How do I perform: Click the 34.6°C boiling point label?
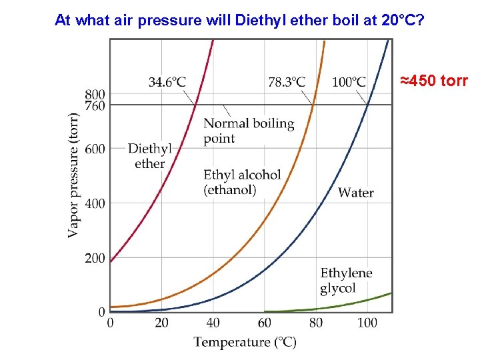click(x=167, y=82)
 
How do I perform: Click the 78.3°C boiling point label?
click(x=287, y=82)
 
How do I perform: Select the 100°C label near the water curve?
click(x=349, y=82)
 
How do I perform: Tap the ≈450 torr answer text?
click(x=434, y=81)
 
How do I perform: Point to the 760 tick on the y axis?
click(x=95, y=105)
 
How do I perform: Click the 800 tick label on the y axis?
click(x=95, y=94)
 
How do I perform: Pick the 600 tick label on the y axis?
click(x=95, y=149)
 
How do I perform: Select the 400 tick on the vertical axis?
click(x=95, y=203)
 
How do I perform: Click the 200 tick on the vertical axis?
click(x=95, y=258)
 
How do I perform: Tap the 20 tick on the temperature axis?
click(x=161, y=323)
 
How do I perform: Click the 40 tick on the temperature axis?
click(x=213, y=323)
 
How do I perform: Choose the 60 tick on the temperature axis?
click(x=265, y=323)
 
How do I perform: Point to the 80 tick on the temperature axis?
click(x=316, y=323)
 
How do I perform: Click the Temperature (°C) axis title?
click(x=245, y=342)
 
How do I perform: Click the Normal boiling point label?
click(x=248, y=131)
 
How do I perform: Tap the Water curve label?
click(x=356, y=193)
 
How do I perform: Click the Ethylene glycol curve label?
click(x=346, y=281)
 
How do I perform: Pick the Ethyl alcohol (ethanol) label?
click(x=242, y=182)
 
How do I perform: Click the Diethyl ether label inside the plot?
click(x=149, y=156)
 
